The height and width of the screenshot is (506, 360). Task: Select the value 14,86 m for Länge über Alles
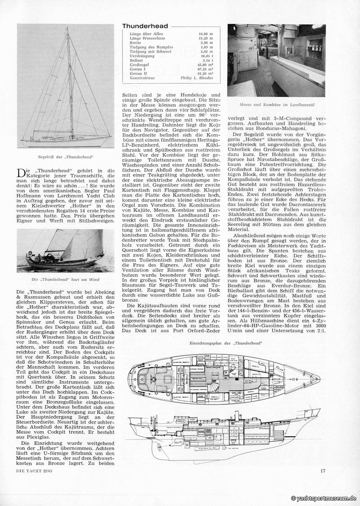206,34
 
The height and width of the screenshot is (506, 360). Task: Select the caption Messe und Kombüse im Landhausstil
276,105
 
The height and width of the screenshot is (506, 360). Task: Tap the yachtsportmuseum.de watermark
324,498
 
